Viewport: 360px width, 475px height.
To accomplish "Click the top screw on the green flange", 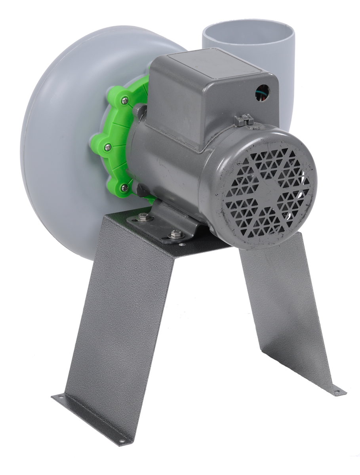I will tap(125, 101).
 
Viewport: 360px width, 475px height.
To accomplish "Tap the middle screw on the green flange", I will tap(108, 147).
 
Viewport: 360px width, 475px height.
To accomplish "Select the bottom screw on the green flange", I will tap(124, 188).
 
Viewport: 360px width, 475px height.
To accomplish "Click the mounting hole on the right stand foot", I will tap(337, 392).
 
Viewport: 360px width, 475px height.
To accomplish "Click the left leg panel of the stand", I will tap(119, 329).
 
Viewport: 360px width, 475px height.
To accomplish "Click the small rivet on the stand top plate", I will tap(182, 245).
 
